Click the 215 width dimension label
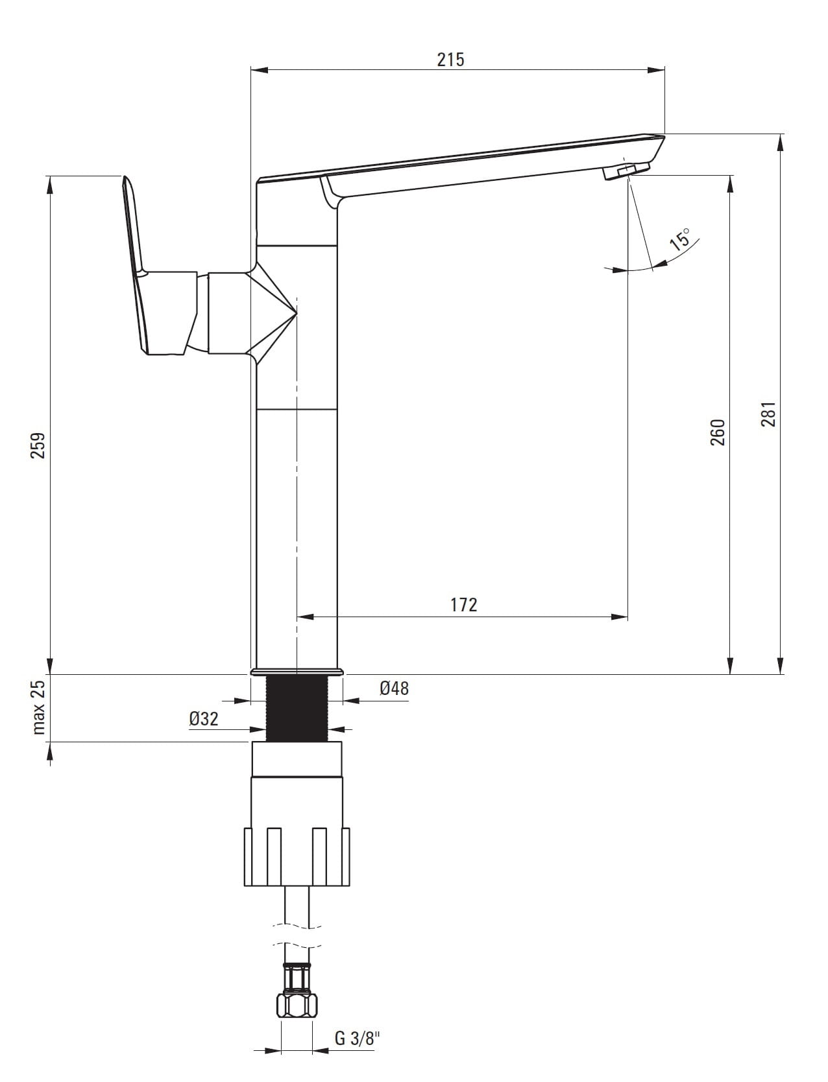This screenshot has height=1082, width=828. [450, 59]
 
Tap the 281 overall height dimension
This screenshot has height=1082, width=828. [769, 414]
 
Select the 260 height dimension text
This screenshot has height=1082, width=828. [718, 432]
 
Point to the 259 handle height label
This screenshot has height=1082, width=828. [38, 445]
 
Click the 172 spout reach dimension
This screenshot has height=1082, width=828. [464, 605]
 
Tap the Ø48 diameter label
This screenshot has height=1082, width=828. [395, 688]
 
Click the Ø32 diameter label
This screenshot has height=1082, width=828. [203, 719]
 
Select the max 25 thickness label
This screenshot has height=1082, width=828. [38, 707]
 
